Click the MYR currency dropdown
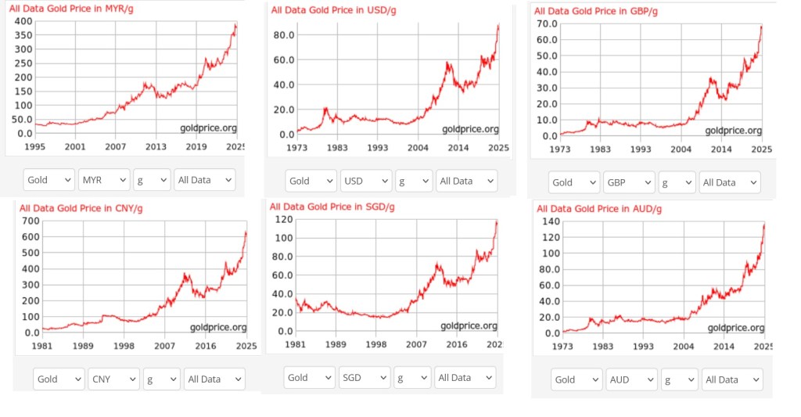click(x=102, y=180)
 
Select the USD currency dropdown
click(x=365, y=181)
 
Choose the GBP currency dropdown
click(x=628, y=182)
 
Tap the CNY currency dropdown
click(x=113, y=379)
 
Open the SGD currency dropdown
click(x=364, y=378)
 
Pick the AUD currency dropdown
click(x=632, y=379)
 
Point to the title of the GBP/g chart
click(x=595, y=10)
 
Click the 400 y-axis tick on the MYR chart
click(x=23, y=20)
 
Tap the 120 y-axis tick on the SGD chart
click(x=283, y=221)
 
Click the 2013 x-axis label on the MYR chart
click(x=156, y=146)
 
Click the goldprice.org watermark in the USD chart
click(x=469, y=128)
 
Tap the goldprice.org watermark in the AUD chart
click(x=734, y=327)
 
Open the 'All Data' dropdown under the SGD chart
click(x=465, y=378)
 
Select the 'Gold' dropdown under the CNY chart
click(x=58, y=379)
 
